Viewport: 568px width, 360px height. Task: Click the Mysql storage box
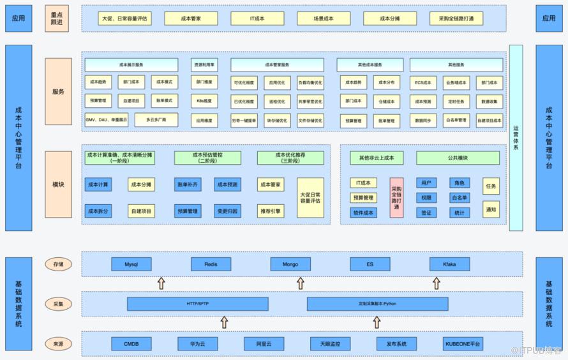click(x=131, y=264)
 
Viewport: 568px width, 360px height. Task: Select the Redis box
click(x=211, y=264)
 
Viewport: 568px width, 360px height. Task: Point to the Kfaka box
click(x=449, y=264)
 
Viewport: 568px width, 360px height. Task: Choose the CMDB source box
click(x=131, y=344)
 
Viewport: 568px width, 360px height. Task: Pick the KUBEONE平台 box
click(x=463, y=344)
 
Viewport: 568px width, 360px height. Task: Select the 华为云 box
click(x=198, y=344)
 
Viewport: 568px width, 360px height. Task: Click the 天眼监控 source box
click(x=330, y=344)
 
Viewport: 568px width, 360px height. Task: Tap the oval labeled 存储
click(x=58, y=264)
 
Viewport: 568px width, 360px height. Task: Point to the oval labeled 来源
click(x=58, y=344)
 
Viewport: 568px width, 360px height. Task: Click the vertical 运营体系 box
click(x=516, y=137)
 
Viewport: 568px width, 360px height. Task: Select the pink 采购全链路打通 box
click(x=396, y=197)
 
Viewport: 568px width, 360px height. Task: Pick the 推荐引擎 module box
click(x=271, y=211)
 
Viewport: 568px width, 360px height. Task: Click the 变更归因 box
click(x=227, y=211)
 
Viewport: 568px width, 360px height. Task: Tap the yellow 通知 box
click(x=491, y=209)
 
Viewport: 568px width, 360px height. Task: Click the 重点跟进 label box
click(x=58, y=19)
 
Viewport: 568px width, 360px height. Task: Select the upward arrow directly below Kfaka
click(x=437, y=283)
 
